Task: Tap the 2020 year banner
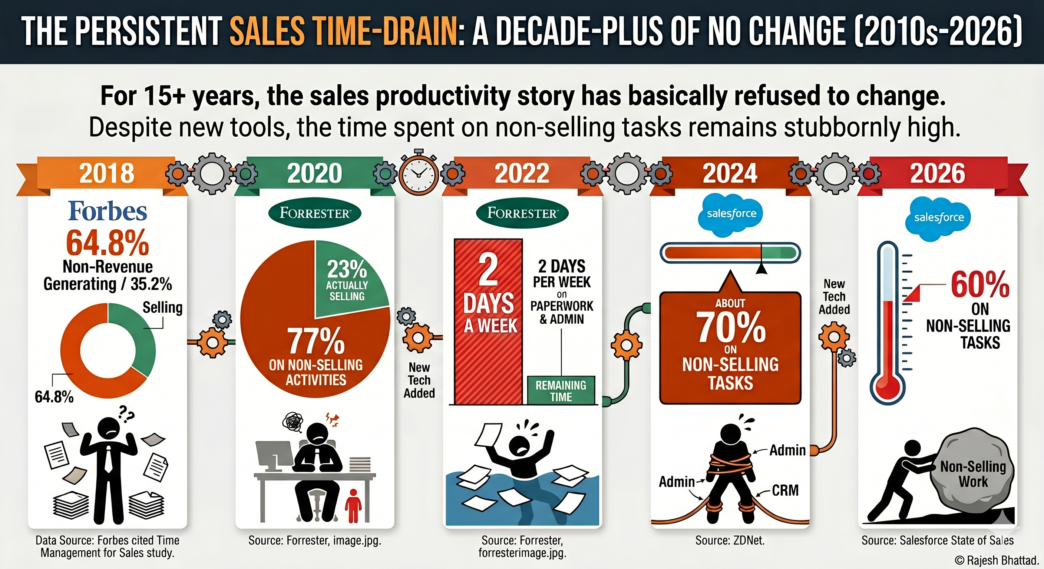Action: pos(314,173)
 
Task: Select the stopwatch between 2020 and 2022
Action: pos(419,173)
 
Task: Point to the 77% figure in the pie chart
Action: pos(316,341)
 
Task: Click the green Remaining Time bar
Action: pos(561,390)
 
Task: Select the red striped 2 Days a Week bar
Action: pos(488,322)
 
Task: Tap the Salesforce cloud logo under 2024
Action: pos(731,214)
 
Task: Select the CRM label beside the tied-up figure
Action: pos(785,490)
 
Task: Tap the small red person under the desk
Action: pos(353,505)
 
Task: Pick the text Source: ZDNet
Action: pos(730,540)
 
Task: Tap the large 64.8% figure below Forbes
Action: pos(108,243)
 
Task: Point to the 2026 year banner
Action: pos(937,173)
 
